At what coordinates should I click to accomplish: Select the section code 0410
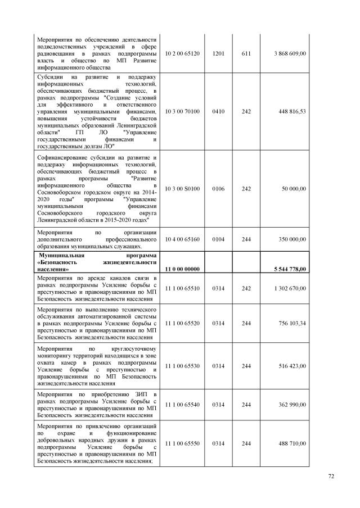coord(218,111)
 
